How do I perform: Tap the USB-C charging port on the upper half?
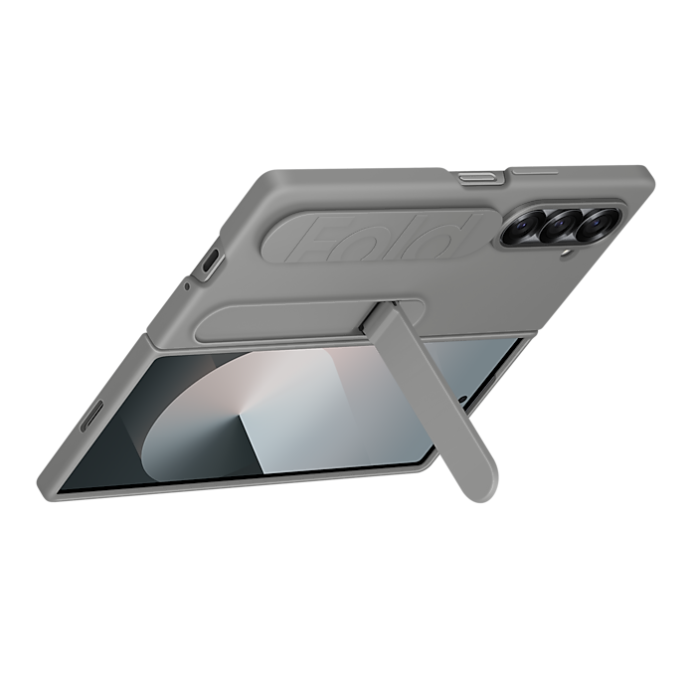[x=210, y=262]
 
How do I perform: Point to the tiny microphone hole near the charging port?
[x=187, y=285]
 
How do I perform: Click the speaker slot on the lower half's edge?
[x=91, y=415]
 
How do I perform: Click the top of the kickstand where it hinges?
[x=382, y=318]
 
